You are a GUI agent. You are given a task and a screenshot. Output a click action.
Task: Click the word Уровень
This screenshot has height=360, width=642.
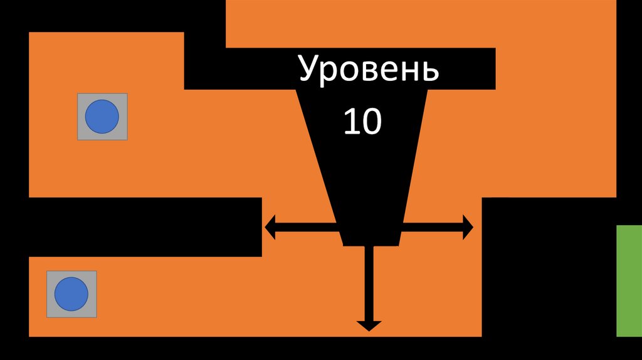pyautogui.click(x=368, y=70)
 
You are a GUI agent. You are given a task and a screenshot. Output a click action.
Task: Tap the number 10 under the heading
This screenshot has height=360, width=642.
pyautogui.click(x=362, y=122)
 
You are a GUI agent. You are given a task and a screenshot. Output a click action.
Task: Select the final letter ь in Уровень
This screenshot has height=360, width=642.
pyautogui.click(x=430, y=71)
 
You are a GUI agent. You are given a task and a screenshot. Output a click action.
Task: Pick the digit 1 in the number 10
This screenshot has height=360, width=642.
pyautogui.click(x=350, y=122)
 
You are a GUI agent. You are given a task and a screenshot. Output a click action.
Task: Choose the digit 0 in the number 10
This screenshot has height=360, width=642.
pyautogui.click(x=371, y=122)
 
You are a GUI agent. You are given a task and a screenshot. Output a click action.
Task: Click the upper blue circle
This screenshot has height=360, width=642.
pyautogui.click(x=102, y=117)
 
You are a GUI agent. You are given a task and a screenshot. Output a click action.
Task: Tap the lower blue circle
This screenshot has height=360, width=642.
pyautogui.click(x=71, y=294)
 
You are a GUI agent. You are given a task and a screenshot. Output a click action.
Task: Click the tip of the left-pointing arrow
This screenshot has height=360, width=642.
pyautogui.click(x=266, y=227)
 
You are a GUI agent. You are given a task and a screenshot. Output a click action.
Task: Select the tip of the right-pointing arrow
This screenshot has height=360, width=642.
pyautogui.click(x=473, y=227)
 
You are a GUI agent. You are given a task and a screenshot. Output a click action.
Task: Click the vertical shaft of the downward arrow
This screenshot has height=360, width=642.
pyautogui.click(x=369, y=282)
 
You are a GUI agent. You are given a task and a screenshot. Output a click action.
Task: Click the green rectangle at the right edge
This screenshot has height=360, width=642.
pyautogui.click(x=629, y=280)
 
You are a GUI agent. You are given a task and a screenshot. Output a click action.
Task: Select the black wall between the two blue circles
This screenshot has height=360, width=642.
pyautogui.click(x=144, y=227)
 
